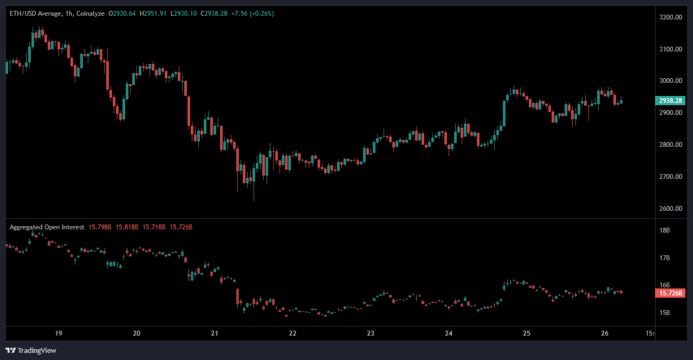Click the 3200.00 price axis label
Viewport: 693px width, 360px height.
tap(671, 17)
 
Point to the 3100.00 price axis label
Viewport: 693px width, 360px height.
tap(671, 49)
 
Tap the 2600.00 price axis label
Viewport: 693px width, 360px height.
tap(671, 209)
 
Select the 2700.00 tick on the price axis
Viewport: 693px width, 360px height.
tap(671, 177)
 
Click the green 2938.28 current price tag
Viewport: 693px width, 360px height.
tap(670, 100)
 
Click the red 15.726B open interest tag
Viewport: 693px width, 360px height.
tap(670, 293)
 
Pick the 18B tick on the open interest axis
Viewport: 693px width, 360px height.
tap(664, 230)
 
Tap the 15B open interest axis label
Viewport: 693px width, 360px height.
tap(664, 313)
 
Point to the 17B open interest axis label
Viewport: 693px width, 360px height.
tap(664, 258)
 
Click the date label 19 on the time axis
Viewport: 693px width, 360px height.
tap(59, 333)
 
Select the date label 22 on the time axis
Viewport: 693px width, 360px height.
tap(293, 333)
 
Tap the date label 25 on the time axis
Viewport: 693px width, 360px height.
tap(527, 333)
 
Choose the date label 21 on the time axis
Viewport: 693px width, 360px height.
tap(215, 333)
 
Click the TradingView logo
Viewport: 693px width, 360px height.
tap(31, 350)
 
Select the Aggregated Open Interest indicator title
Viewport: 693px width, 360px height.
tap(47, 227)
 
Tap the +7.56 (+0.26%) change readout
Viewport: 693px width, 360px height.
tap(252, 13)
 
